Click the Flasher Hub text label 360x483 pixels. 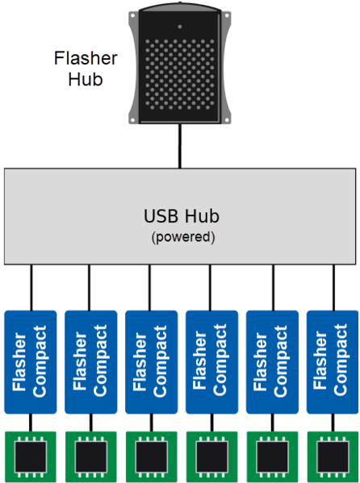click(86, 69)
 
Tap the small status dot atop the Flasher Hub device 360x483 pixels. click(180, 27)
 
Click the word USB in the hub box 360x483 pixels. click(161, 216)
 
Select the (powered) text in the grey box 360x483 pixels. click(183, 237)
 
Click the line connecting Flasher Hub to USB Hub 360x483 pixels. click(180, 146)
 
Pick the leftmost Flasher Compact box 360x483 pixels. click(31, 362)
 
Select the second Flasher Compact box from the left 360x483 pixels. click(91, 362)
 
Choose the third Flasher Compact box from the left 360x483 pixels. click(152, 362)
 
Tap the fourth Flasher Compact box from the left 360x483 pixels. click(212, 362)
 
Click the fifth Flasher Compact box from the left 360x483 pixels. click(272, 362)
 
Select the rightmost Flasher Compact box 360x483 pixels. click(333, 362)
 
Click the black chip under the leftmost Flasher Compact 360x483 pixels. click(31, 457)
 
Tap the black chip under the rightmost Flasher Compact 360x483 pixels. click(333, 457)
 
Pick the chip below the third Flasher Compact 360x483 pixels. click(152, 457)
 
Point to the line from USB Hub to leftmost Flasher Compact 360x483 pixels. click(31, 287)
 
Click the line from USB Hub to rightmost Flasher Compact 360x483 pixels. click(333, 287)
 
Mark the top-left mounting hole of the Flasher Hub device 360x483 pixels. click(133, 15)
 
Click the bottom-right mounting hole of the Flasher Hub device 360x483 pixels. click(228, 119)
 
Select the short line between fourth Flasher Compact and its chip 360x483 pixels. click(212, 423)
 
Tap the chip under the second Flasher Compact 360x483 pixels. click(91, 457)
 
